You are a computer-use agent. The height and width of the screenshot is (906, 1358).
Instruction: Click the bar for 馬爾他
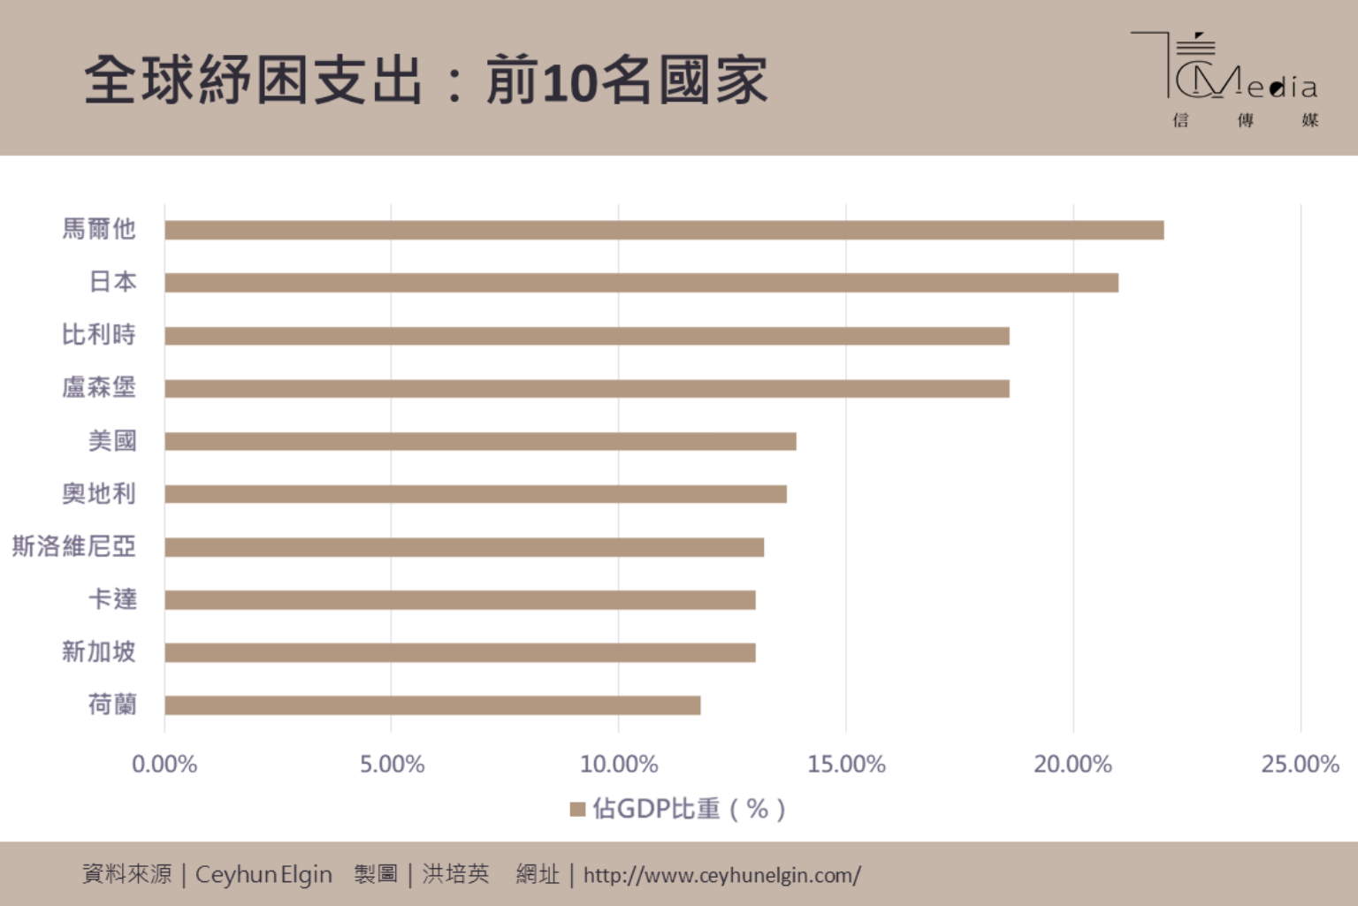(663, 230)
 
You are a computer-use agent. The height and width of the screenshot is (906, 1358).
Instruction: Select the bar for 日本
(641, 283)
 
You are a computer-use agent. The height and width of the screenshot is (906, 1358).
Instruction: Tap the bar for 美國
(480, 441)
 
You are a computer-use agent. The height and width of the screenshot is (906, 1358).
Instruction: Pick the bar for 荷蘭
(432, 705)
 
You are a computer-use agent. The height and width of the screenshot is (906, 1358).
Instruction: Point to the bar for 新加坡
(460, 652)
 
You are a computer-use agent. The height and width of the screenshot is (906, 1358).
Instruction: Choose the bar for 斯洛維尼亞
(464, 547)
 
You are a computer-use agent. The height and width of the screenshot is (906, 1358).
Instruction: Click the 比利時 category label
(99, 335)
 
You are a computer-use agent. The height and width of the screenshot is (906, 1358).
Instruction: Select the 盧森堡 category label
(99, 387)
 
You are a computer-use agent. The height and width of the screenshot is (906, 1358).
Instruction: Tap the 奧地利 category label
(99, 493)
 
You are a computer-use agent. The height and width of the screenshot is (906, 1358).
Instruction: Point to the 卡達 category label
(112, 599)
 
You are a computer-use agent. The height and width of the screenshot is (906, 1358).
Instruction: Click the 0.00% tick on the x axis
(164, 765)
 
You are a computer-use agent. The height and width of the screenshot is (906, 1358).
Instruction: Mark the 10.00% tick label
(619, 765)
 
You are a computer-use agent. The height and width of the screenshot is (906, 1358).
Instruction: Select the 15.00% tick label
(846, 765)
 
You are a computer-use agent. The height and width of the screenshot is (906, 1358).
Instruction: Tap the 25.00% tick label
(1300, 765)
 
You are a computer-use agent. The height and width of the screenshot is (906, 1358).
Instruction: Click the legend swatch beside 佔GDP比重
(578, 809)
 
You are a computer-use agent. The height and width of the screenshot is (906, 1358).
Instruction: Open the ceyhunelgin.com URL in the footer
(721, 875)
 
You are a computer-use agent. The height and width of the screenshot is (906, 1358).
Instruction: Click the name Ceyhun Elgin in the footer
(263, 875)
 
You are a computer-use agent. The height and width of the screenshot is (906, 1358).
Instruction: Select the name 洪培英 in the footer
(455, 874)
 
